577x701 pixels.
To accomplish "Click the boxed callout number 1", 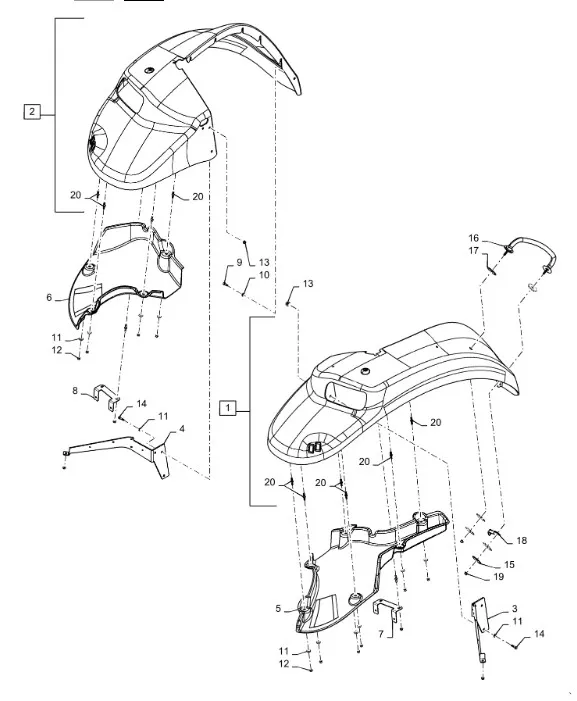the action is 228,408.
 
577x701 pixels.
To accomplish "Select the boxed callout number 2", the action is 32,111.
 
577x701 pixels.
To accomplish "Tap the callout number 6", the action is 49,297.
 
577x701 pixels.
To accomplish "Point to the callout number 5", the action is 278,608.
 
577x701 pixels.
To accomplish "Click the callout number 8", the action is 75,391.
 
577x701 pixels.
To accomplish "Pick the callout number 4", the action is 181,429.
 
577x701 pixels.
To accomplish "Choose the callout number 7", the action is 381,634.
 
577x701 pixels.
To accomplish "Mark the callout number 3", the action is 514,608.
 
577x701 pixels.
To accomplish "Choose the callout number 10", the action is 264,274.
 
